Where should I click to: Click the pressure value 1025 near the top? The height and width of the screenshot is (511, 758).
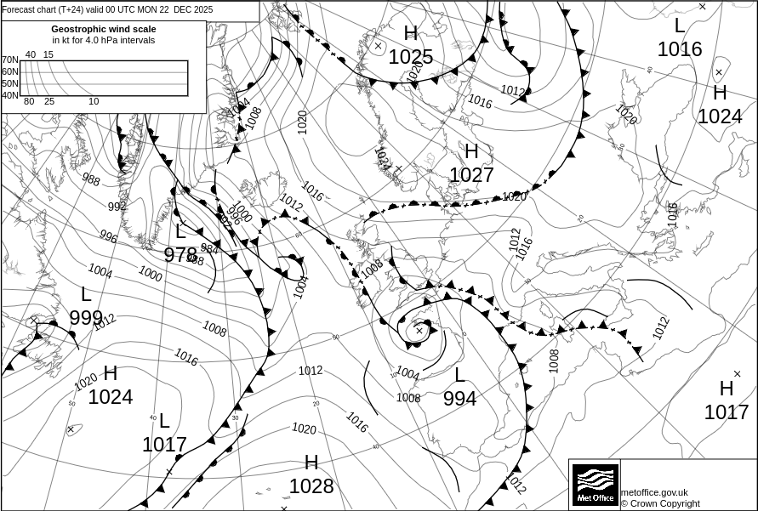[x=411, y=57]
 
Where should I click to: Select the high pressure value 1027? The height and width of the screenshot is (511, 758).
[x=471, y=175]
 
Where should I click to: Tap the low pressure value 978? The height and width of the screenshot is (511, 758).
[x=180, y=254]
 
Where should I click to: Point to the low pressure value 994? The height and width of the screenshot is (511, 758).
[x=459, y=398]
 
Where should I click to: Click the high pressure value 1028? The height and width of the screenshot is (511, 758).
[x=311, y=485]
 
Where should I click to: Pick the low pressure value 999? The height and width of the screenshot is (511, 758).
[x=86, y=317]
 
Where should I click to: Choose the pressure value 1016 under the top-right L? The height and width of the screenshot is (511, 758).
[x=680, y=49]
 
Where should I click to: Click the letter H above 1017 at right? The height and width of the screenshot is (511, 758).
[x=726, y=389]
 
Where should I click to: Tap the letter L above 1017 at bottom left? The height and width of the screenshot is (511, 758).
[x=164, y=421]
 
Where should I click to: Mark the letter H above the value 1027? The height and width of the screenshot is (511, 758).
[x=471, y=152]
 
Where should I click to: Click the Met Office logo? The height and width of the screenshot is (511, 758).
[x=595, y=484]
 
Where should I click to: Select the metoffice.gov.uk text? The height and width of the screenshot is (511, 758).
[x=654, y=492]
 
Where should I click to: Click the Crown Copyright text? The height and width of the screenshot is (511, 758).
[x=660, y=503]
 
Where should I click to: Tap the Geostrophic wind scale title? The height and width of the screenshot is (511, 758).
[x=104, y=29]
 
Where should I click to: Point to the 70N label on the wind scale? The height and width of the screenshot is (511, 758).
[x=10, y=60]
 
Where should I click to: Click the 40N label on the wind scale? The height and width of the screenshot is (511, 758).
[x=10, y=95]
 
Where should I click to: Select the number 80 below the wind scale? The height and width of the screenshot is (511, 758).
[x=29, y=102]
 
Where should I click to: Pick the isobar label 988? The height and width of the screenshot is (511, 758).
[x=91, y=180]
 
